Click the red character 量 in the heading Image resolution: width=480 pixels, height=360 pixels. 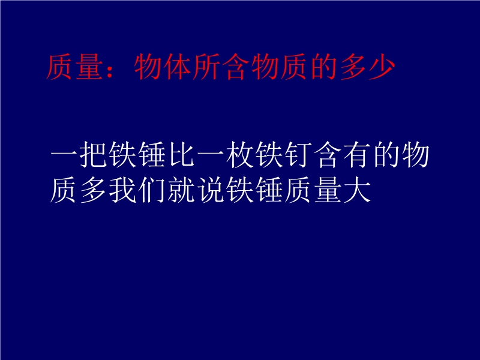point(89,67)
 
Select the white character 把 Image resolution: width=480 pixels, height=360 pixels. point(94,154)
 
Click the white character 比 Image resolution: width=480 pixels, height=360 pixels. point(182,154)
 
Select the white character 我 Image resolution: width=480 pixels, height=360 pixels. point(123,190)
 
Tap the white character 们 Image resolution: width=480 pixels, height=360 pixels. point(152,190)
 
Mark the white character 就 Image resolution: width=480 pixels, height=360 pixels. point(182,190)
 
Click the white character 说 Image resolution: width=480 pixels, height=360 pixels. point(211,190)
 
